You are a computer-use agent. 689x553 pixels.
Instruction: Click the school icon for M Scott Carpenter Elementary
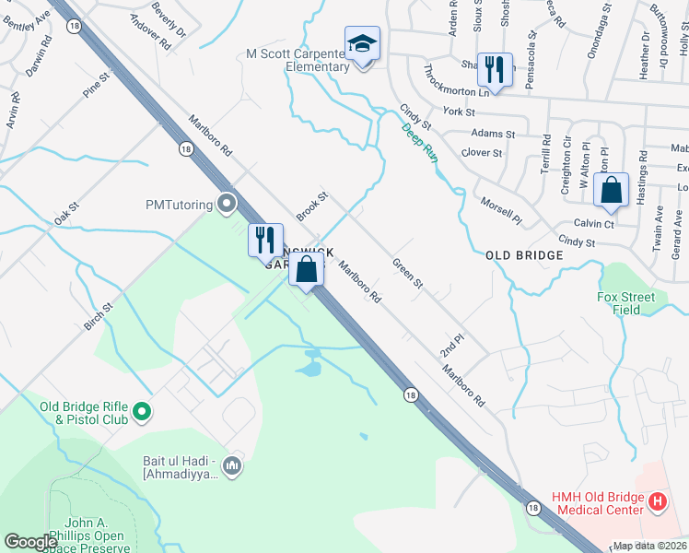pos(363,43)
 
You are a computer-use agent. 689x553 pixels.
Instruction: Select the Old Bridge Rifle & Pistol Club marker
pos(141,412)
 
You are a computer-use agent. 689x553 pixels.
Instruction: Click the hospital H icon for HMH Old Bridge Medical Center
pos(658,501)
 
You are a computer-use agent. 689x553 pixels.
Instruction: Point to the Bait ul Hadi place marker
pos(232,466)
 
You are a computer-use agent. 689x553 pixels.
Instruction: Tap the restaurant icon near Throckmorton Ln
pos(496,69)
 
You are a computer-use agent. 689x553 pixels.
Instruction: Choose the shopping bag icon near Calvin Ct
pos(611,191)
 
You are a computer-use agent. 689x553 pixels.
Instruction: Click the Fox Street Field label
pos(625,303)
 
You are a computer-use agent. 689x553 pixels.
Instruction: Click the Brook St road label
pos(312,206)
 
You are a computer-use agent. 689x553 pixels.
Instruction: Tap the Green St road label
pos(407,273)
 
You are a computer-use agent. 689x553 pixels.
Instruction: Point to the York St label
pos(458,112)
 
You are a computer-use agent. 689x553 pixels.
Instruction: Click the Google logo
pos(30,542)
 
